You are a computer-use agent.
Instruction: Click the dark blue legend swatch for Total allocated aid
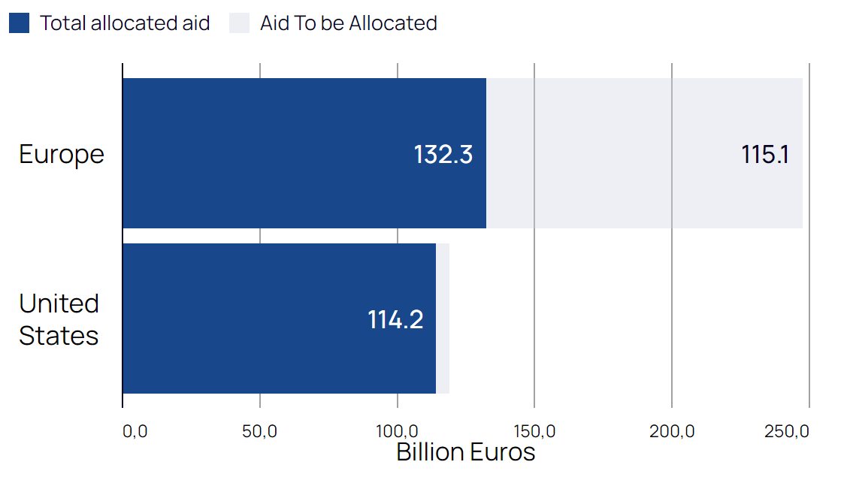click(x=19, y=23)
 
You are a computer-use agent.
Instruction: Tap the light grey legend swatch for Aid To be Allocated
click(x=239, y=23)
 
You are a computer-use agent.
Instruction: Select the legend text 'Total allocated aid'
click(x=125, y=23)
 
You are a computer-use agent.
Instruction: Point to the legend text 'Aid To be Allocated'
click(x=349, y=23)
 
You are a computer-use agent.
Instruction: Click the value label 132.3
click(x=443, y=154)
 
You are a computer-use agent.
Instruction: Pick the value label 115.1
click(x=764, y=154)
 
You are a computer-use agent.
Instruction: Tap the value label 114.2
click(x=395, y=319)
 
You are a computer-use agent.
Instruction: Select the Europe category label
click(x=62, y=154)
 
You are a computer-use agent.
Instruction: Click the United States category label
click(x=59, y=319)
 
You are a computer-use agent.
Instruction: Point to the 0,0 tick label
click(x=135, y=432)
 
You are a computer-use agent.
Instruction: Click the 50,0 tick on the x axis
click(x=260, y=432)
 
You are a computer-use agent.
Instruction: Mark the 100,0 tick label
click(x=397, y=432)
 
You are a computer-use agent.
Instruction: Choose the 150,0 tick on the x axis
click(x=534, y=432)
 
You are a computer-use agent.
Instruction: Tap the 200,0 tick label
click(x=671, y=432)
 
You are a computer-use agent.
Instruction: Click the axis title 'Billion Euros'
click(x=465, y=453)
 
